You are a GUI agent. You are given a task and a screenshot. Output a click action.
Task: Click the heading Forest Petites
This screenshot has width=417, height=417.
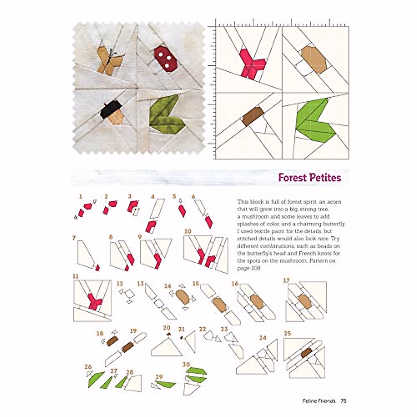(x=309, y=178)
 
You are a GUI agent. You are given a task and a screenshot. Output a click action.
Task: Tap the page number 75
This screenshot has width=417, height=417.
(x=343, y=401)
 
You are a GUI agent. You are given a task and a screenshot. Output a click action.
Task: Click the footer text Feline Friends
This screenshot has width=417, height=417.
(x=319, y=401)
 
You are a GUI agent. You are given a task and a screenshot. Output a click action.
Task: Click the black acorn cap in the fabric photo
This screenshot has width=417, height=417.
(x=111, y=109)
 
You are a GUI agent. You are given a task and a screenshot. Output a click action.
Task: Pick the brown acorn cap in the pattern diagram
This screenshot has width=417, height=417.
(x=252, y=116)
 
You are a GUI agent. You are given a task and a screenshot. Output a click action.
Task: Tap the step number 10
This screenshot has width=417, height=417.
(x=188, y=231)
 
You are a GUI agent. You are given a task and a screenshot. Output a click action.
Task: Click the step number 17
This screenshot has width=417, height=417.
(x=286, y=280)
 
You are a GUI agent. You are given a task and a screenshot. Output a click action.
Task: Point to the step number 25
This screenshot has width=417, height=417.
(x=287, y=334)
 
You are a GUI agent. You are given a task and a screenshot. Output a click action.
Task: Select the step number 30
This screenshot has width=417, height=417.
(x=186, y=364)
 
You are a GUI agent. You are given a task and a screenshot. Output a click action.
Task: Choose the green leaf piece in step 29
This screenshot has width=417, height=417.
(x=166, y=384)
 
